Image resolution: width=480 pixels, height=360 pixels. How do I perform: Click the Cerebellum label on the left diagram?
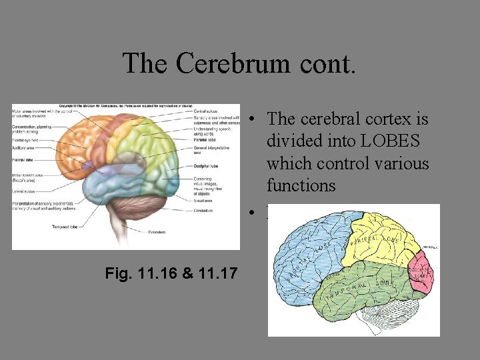(x=203, y=211)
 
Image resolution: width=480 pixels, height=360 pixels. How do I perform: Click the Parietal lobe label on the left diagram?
(x=203, y=139)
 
